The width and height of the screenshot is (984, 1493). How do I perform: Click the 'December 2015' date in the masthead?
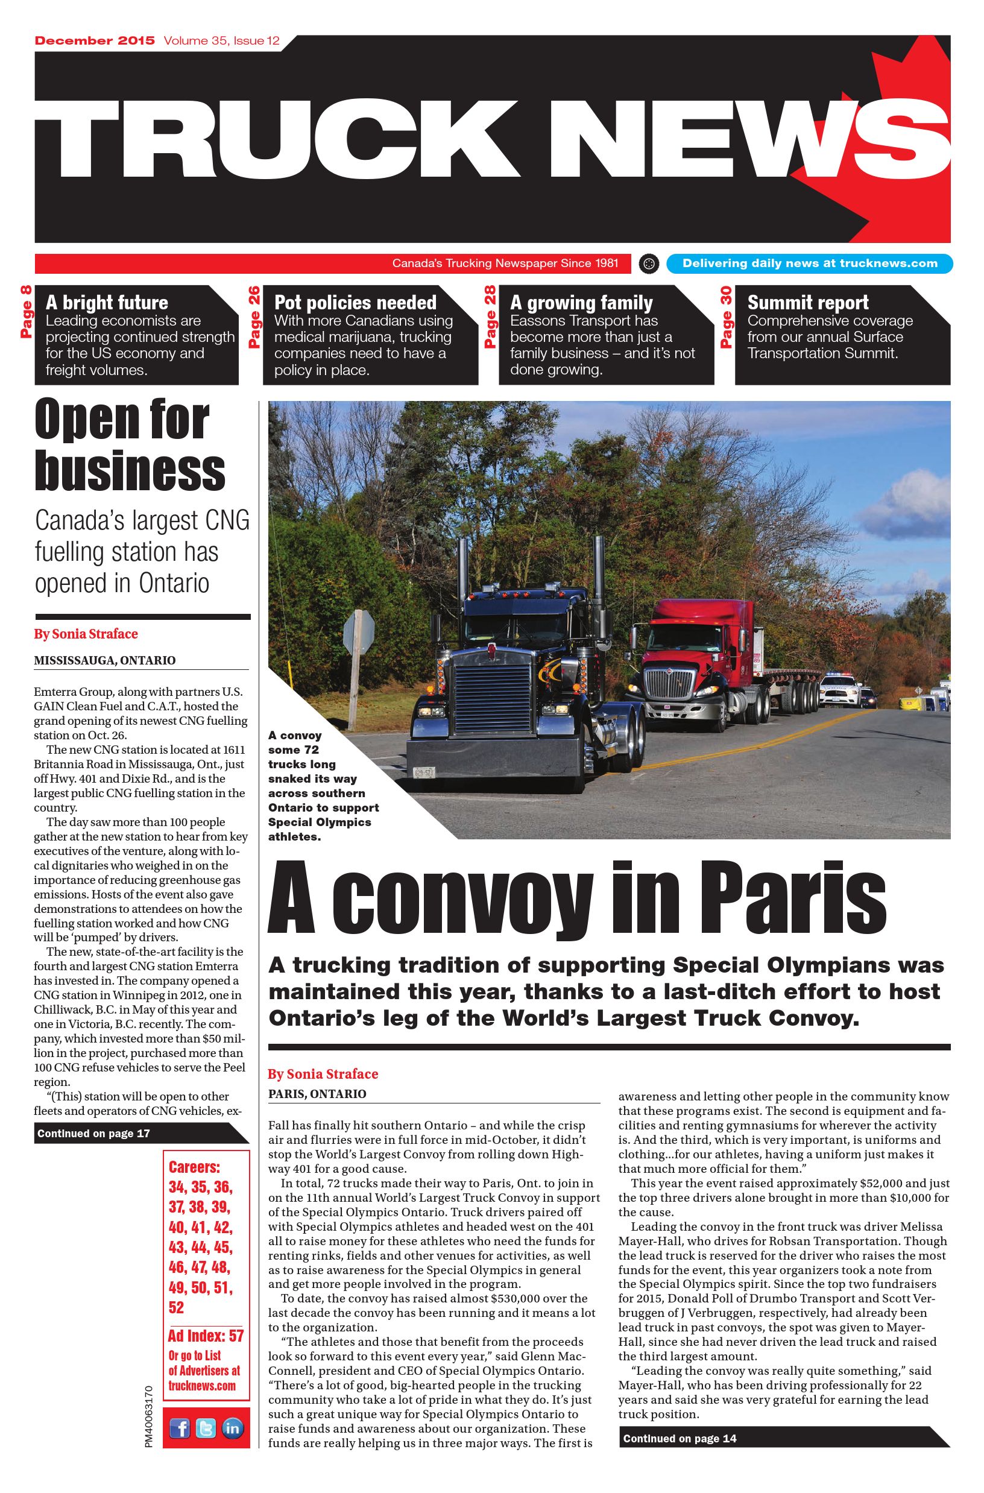tap(95, 41)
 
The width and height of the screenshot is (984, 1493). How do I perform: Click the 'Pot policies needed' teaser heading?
tap(355, 303)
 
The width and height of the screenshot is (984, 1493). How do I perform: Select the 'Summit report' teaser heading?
tap(808, 303)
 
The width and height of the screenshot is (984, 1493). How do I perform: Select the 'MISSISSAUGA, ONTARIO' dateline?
tap(105, 660)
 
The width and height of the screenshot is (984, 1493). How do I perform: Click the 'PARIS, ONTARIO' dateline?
tap(317, 1094)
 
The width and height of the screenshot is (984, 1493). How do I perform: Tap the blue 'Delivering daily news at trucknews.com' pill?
tap(810, 264)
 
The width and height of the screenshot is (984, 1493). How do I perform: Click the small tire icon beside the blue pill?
tap(649, 264)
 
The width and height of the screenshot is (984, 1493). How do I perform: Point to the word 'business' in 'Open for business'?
tap(130, 471)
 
